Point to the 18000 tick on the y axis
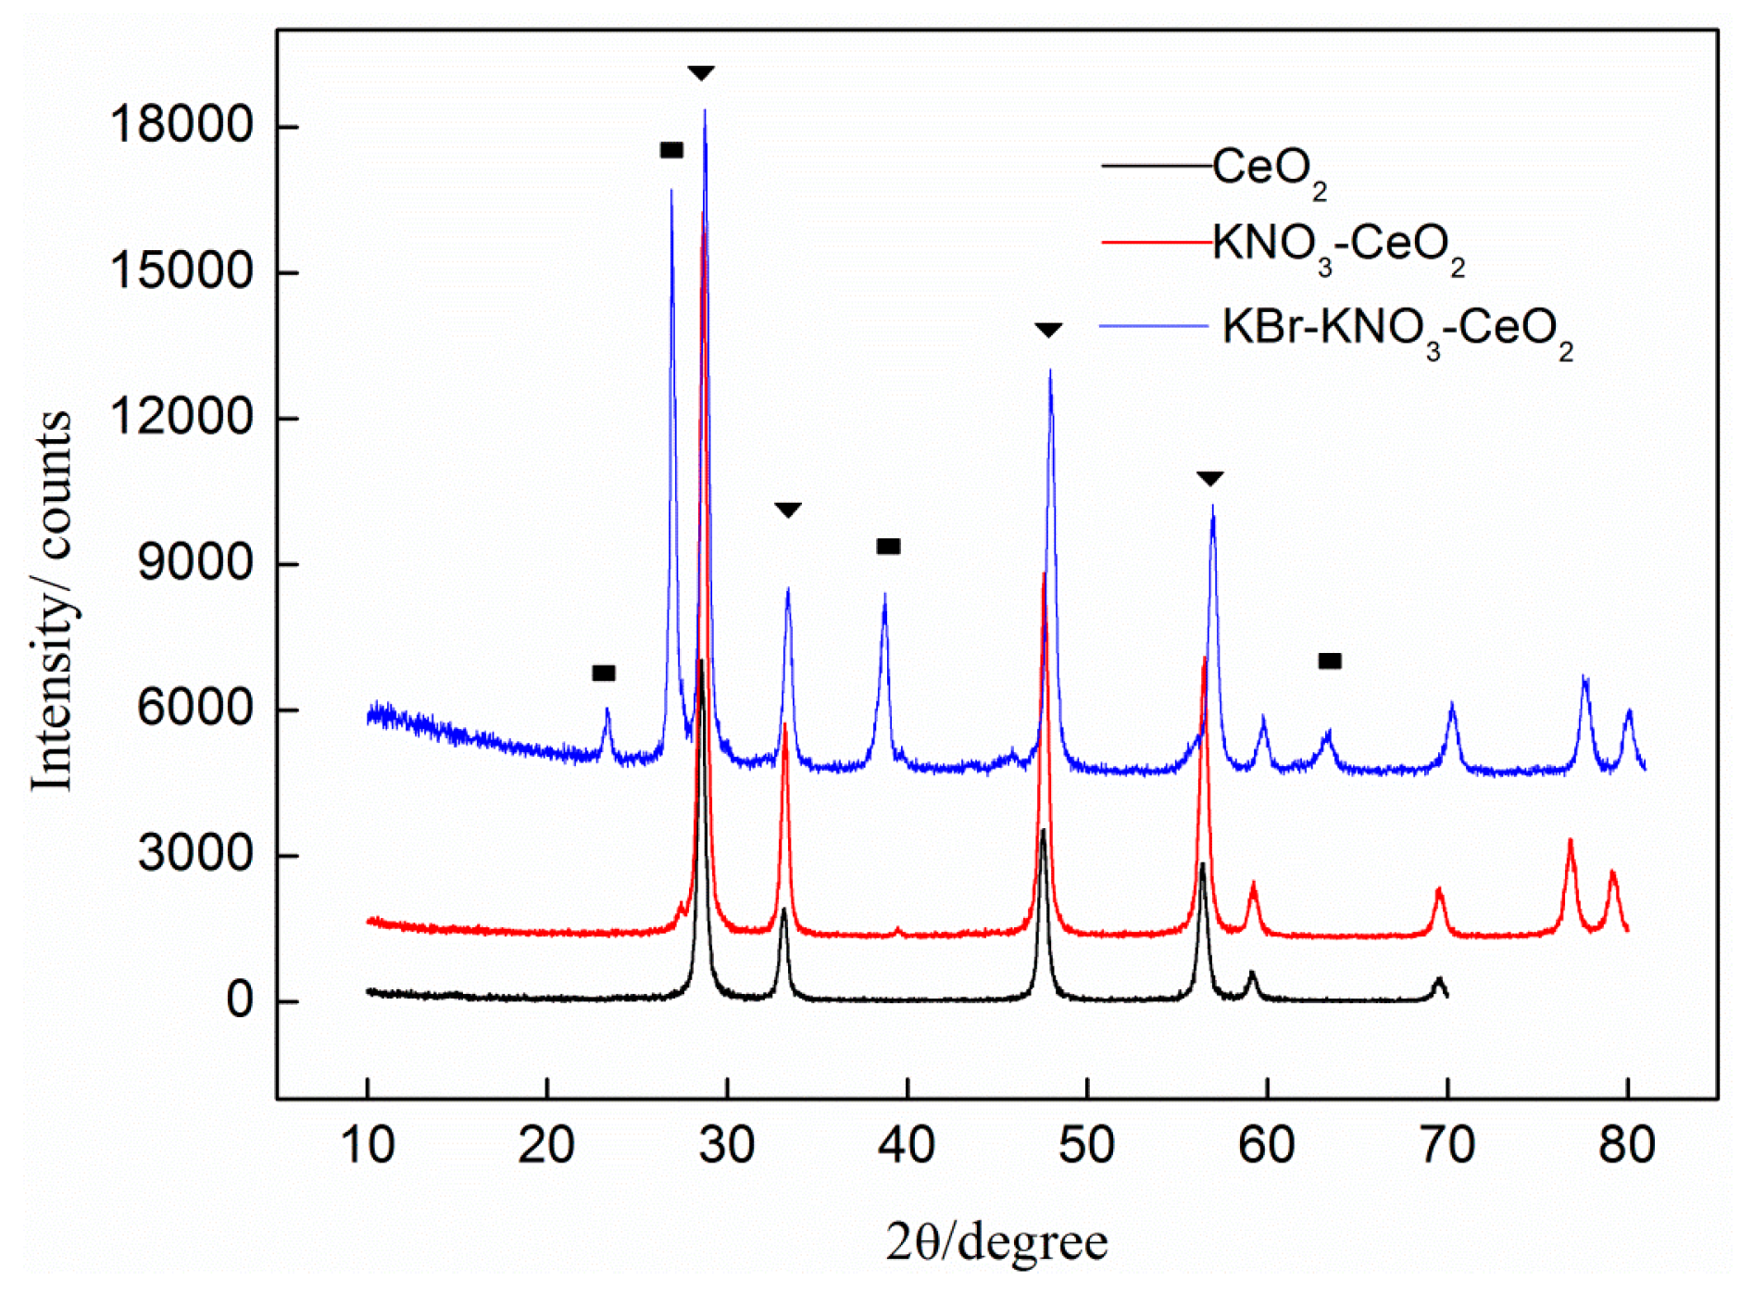[182, 124]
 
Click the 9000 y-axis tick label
[195, 562]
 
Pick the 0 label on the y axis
[240, 1000]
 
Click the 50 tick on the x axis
[1086, 1146]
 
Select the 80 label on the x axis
[1627, 1146]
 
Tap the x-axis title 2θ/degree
[995, 1242]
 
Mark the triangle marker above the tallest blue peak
[701, 73]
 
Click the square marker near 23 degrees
[604, 673]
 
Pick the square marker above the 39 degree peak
[888, 546]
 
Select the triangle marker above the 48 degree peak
[1048, 331]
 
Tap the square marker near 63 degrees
[1330, 661]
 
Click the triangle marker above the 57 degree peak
[1210, 479]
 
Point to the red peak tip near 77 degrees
[1570, 841]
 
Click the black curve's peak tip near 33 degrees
[784, 911]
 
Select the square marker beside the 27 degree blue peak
[671, 150]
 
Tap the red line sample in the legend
[1156, 243]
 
